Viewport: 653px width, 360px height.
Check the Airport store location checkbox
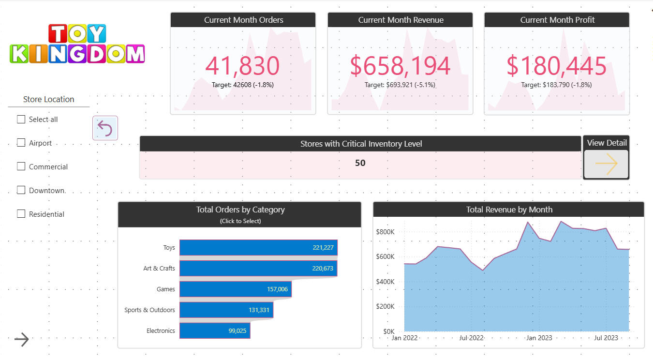point(21,143)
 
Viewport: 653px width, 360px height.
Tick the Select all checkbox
point(21,119)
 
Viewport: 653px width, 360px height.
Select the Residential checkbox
point(21,214)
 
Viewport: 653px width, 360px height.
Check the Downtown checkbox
point(21,190)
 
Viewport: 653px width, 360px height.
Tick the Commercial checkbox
point(21,166)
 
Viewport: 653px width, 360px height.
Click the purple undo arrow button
point(105,128)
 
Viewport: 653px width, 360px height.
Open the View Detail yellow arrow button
point(606,164)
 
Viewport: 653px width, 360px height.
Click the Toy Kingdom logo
point(77,44)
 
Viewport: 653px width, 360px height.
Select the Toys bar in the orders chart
point(258,247)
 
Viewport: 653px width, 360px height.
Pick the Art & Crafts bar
point(258,268)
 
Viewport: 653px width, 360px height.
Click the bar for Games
point(235,289)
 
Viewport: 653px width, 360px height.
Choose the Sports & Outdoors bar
point(226,310)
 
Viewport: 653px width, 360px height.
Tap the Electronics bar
point(214,331)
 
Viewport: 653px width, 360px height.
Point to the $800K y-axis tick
point(386,232)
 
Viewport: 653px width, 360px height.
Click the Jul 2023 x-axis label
point(606,338)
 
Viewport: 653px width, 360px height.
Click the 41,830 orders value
point(243,66)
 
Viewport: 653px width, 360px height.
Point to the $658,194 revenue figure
point(400,66)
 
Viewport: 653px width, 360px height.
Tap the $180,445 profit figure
point(556,66)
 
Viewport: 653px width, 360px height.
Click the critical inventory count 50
point(360,163)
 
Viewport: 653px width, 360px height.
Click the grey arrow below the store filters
point(21,340)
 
